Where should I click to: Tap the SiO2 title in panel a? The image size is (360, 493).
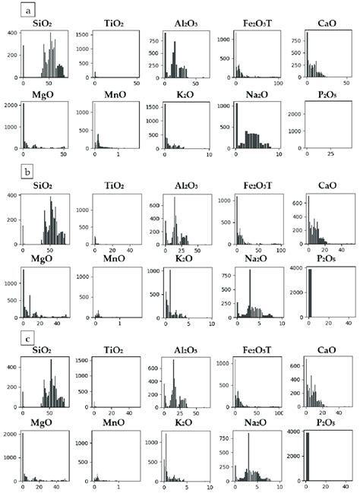[44, 26]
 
